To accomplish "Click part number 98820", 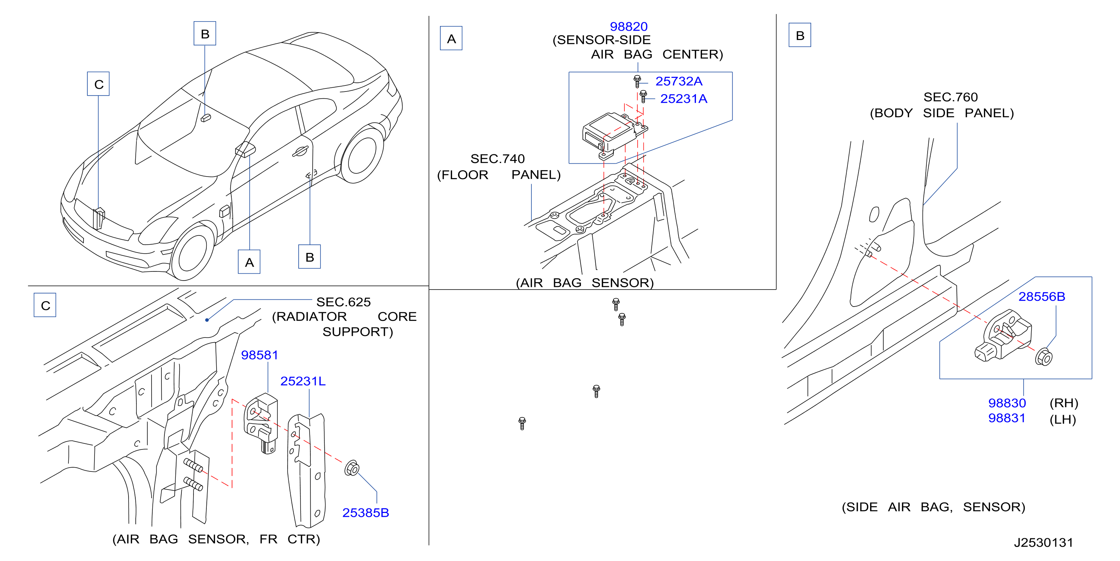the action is click(x=629, y=26).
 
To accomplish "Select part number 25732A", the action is click(x=679, y=81).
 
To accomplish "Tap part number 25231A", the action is click(x=683, y=99).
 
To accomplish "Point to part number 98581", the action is click(x=260, y=355).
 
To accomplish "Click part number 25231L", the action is click(x=303, y=381).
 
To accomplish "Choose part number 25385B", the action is click(x=366, y=513).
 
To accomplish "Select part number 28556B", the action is click(x=1042, y=297).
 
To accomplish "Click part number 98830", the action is click(x=1007, y=403).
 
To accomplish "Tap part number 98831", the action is click(x=1007, y=418).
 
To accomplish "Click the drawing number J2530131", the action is click(x=1044, y=542).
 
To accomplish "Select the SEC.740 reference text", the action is click(x=497, y=159).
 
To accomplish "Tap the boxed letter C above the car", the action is click(x=99, y=84).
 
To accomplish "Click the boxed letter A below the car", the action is click(x=249, y=262).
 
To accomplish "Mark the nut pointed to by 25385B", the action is click(x=352, y=468).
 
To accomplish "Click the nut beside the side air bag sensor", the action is click(x=1044, y=357).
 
